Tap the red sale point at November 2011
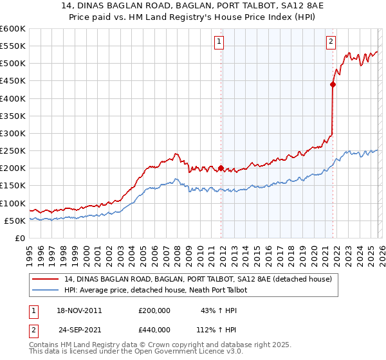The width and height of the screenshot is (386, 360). (221, 168)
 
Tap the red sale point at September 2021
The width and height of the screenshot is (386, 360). (333, 84)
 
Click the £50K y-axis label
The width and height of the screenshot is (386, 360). (15, 221)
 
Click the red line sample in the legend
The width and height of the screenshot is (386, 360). (45, 279)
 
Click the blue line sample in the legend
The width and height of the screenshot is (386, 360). (45, 290)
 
